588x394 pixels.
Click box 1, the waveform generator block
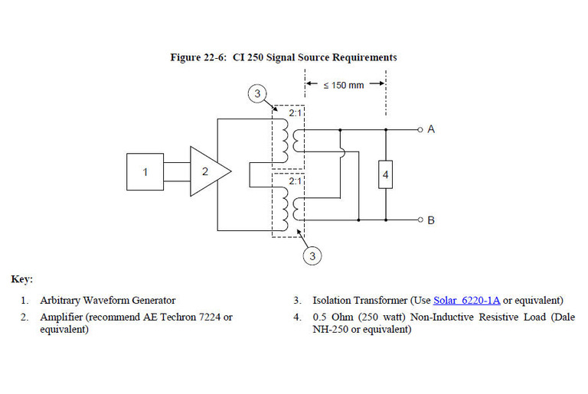(145, 171)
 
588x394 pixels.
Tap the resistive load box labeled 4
(385, 175)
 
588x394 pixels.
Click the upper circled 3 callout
(259, 94)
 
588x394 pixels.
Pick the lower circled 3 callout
(312, 256)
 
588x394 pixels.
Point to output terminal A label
(431, 129)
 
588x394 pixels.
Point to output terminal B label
(431, 220)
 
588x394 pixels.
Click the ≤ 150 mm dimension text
(344, 85)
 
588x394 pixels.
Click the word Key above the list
(21, 279)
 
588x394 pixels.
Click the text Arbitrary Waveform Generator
(108, 300)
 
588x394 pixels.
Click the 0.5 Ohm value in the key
(334, 317)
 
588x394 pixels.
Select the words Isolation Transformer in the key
(351, 300)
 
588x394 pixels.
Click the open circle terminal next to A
(420, 129)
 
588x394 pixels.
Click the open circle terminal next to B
(420, 220)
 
